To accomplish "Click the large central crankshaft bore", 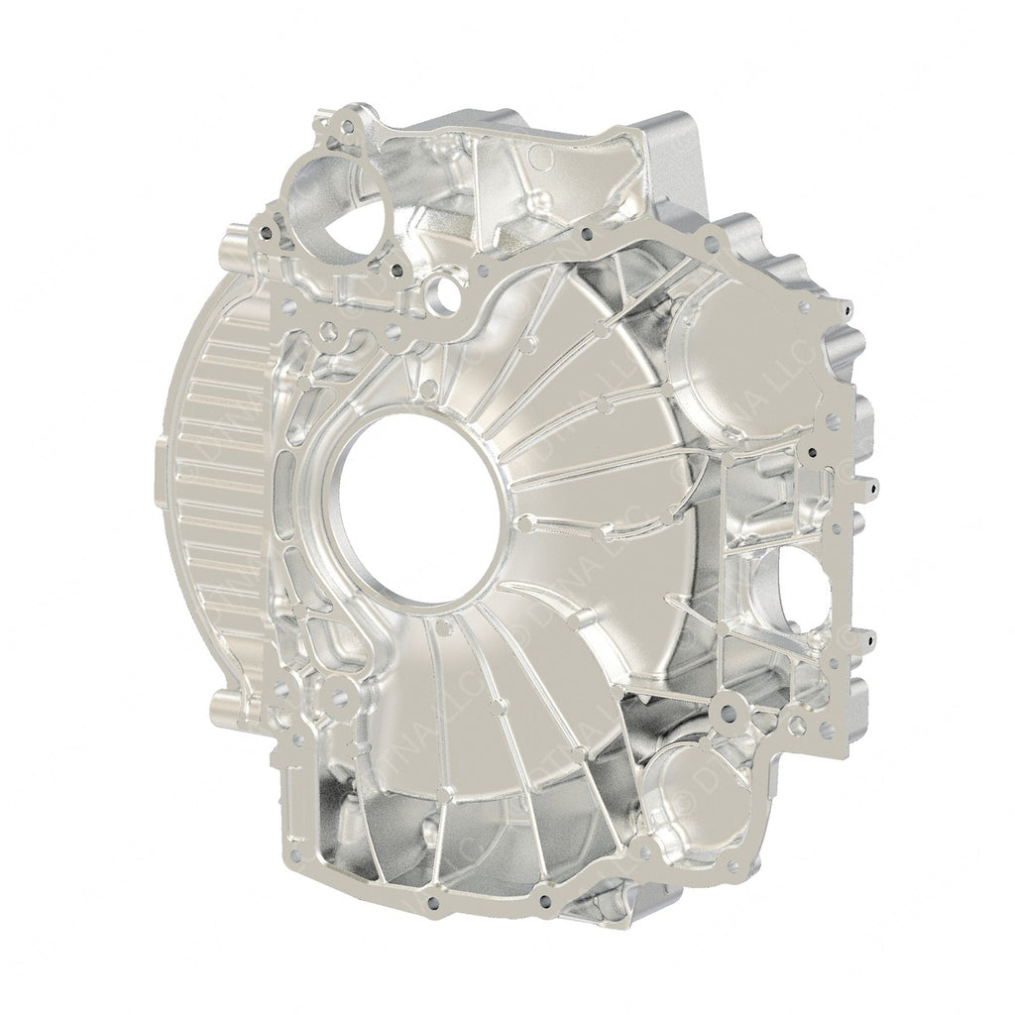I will coord(421,507).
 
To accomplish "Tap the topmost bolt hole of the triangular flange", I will coord(345,126).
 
